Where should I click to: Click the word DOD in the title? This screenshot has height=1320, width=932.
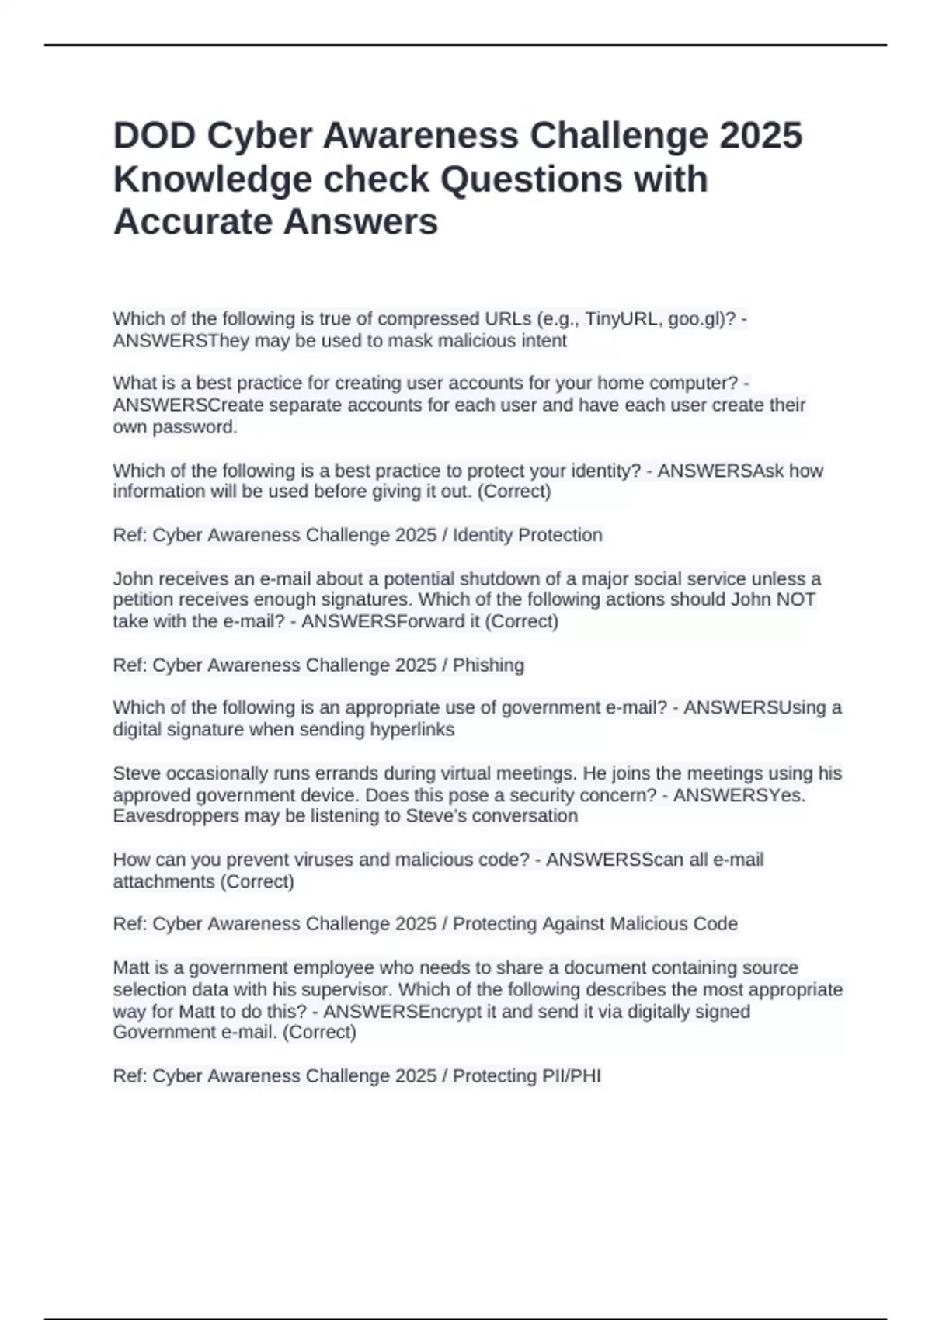click(x=154, y=136)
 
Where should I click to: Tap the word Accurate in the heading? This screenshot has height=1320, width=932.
click(x=193, y=222)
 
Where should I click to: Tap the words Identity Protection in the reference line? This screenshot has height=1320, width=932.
click(x=527, y=535)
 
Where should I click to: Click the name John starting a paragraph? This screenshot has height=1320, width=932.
click(x=131, y=579)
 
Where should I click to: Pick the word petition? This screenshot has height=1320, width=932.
click(x=144, y=600)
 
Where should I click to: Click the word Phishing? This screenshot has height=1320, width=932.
click(x=489, y=665)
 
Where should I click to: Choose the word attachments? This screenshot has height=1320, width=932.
click(x=164, y=882)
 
